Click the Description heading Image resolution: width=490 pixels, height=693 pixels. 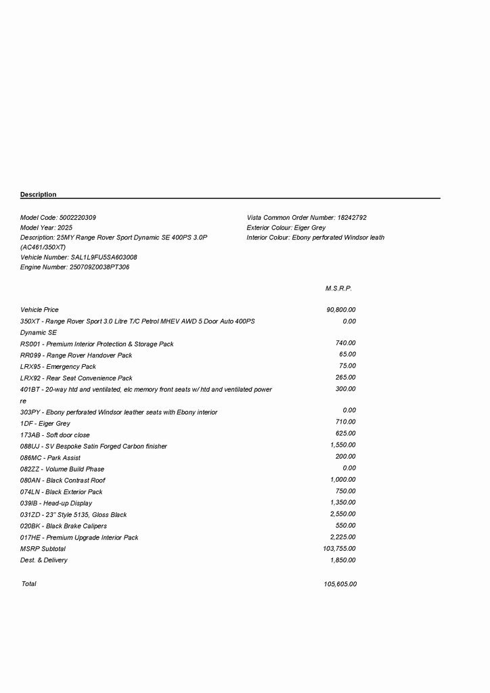pos(39,195)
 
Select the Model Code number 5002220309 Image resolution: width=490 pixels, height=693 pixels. pos(78,218)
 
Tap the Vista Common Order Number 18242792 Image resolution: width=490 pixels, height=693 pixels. pos(351,218)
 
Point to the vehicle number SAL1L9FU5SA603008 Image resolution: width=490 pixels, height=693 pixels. pos(104,258)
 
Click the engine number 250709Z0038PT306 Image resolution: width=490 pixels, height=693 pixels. pos(99,267)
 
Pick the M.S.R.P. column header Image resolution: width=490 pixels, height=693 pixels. pos(338,288)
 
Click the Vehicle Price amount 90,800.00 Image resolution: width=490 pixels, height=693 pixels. pos(341,310)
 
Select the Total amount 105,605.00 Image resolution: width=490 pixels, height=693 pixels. pos(340,584)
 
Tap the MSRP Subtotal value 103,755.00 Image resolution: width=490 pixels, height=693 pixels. pos(340,549)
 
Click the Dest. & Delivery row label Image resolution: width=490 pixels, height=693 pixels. pos(44,560)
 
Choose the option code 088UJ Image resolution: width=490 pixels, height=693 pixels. pos(29,447)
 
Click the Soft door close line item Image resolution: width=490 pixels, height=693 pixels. pos(55,435)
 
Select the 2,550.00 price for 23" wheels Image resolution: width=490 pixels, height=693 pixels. pos(342,514)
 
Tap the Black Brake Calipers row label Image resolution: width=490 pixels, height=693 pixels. pos(64,526)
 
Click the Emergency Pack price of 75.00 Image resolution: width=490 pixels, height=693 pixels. pos(347,366)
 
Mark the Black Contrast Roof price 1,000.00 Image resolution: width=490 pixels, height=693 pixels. pos(342,480)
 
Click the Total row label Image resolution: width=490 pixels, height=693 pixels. pos(29,584)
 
